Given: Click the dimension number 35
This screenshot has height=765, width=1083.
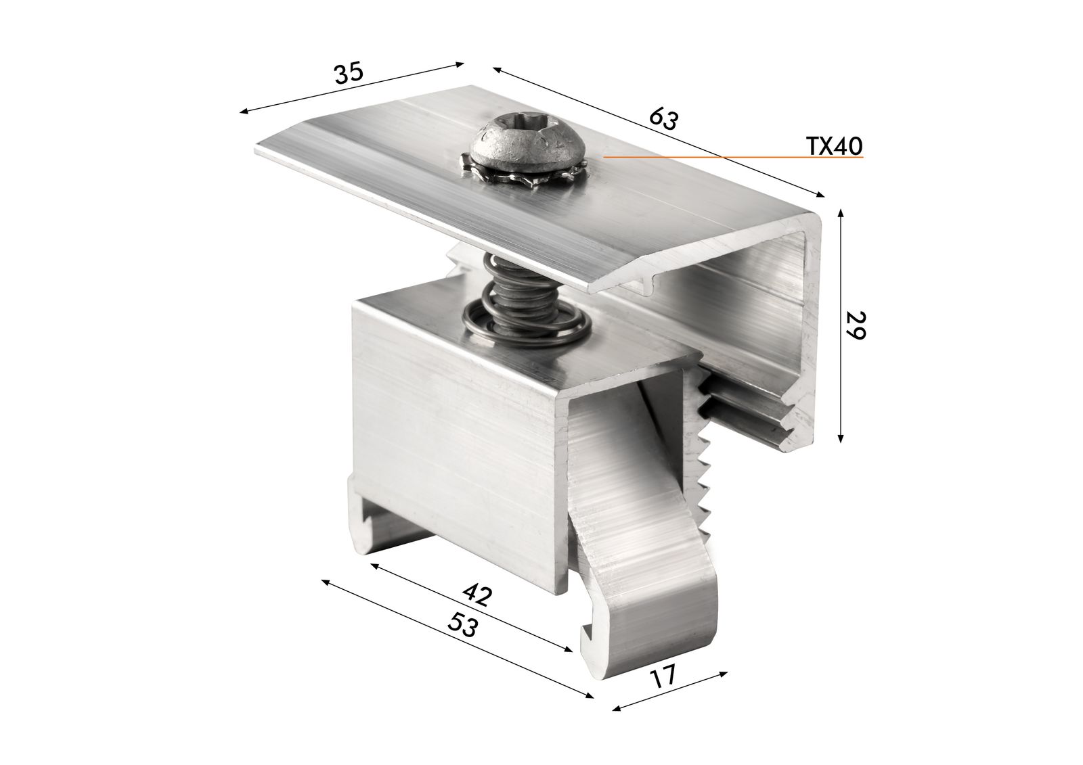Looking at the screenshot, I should pos(349,72).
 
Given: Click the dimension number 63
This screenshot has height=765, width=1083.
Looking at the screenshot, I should pos(663,119).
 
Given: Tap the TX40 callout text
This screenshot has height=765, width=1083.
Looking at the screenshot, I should pos(834,145).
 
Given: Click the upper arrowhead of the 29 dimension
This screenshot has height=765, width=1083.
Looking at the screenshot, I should pos(840,212).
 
